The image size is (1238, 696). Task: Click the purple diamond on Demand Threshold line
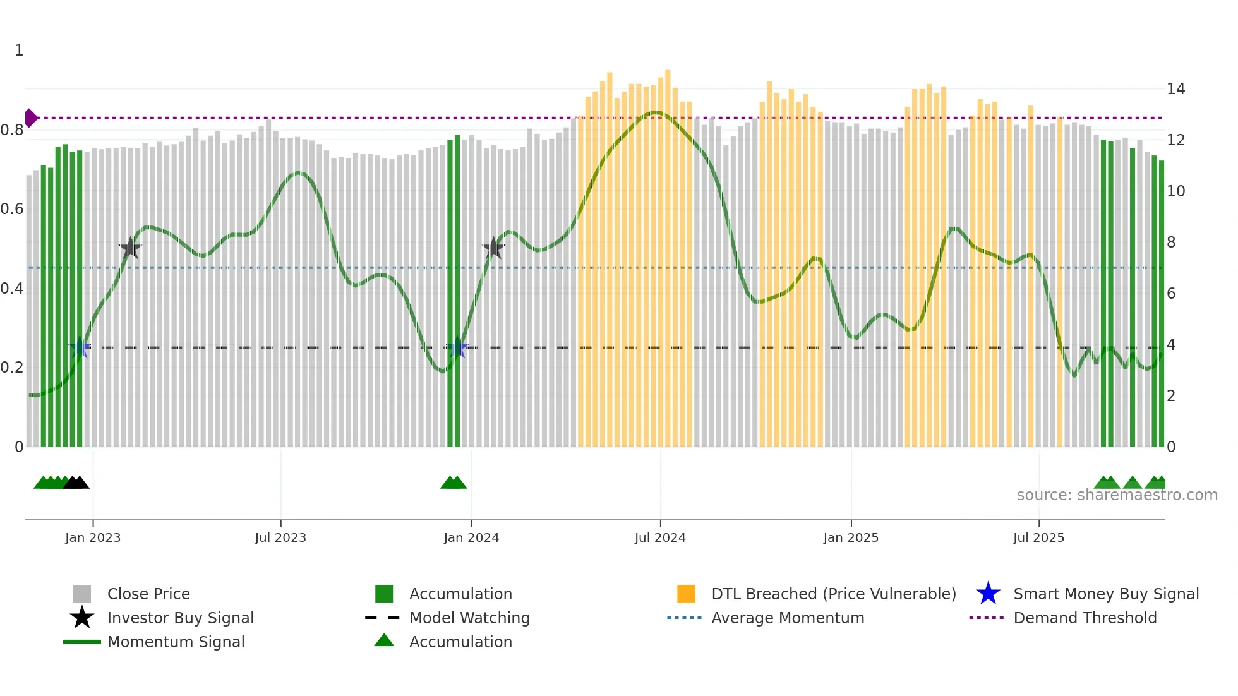[x=30, y=118]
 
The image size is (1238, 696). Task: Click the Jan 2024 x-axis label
[x=471, y=537]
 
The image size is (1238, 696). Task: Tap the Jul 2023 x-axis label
[x=280, y=537]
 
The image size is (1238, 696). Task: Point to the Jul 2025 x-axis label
[x=1038, y=537]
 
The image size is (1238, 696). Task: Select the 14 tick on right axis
[x=1175, y=89]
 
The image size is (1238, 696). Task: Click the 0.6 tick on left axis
[x=11, y=209]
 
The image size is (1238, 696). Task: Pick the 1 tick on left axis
[x=19, y=51]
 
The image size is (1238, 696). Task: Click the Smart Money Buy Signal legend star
[x=988, y=594]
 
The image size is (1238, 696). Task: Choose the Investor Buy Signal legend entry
[x=180, y=618]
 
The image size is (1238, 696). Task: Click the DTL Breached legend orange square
[x=686, y=594]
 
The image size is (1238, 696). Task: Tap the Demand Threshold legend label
[x=1085, y=618]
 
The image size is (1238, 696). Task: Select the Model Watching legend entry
[x=469, y=618]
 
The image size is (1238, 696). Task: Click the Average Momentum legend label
[x=787, y=618]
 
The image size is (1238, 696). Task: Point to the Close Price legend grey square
[x=82, y=594]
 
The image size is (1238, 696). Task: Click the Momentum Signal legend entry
[x=176, y=642]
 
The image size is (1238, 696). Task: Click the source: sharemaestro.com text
[x=1117, y=495]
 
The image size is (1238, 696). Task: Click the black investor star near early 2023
[x=130, y=248]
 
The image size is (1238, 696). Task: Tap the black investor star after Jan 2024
[x=493, y=248]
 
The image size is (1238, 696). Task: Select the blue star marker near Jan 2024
[x=457, y=348]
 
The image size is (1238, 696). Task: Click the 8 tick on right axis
[x=1171, y=243]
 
